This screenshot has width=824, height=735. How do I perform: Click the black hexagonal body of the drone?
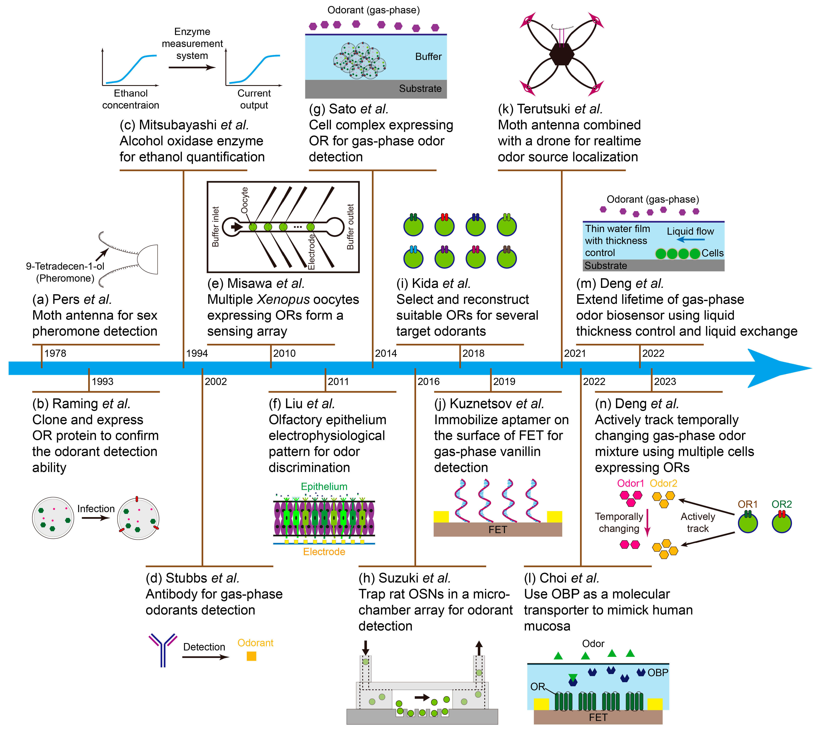561,54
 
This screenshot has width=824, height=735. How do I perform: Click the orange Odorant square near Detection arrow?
251,656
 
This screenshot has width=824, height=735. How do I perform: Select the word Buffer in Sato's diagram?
428,57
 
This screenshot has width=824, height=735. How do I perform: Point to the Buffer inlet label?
215,227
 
